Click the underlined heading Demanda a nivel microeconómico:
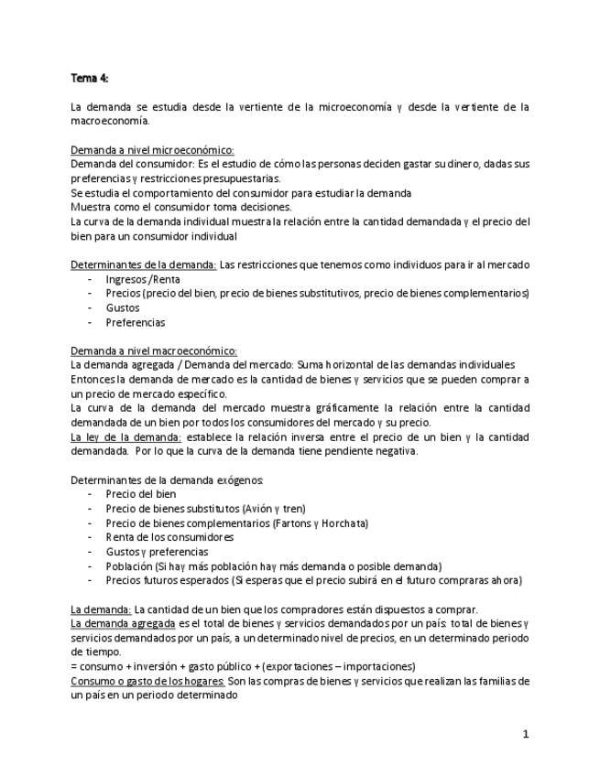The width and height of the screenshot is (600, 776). (x=152, y=149)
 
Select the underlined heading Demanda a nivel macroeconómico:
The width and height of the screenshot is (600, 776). (x=154, y=350)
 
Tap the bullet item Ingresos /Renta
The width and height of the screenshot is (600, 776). (x=142, y=279)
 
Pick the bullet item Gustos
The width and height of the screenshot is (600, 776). (x=123, y=308)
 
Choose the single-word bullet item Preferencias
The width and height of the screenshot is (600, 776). (x=136, y=322)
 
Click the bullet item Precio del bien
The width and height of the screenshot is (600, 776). (x=141, y=493)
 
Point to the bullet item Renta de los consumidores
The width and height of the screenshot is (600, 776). (x=169, y=537)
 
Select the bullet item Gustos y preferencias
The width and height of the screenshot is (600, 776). (x=157, y=552)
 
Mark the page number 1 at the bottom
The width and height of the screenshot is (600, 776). (x=526, y=734)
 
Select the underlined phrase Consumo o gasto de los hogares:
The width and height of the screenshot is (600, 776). (x=147, y=681)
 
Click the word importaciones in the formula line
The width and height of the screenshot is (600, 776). (x=378, y=666)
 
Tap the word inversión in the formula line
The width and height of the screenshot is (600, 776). (x=159, y=666)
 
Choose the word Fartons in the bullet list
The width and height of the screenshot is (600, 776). (x=293, y=523)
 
